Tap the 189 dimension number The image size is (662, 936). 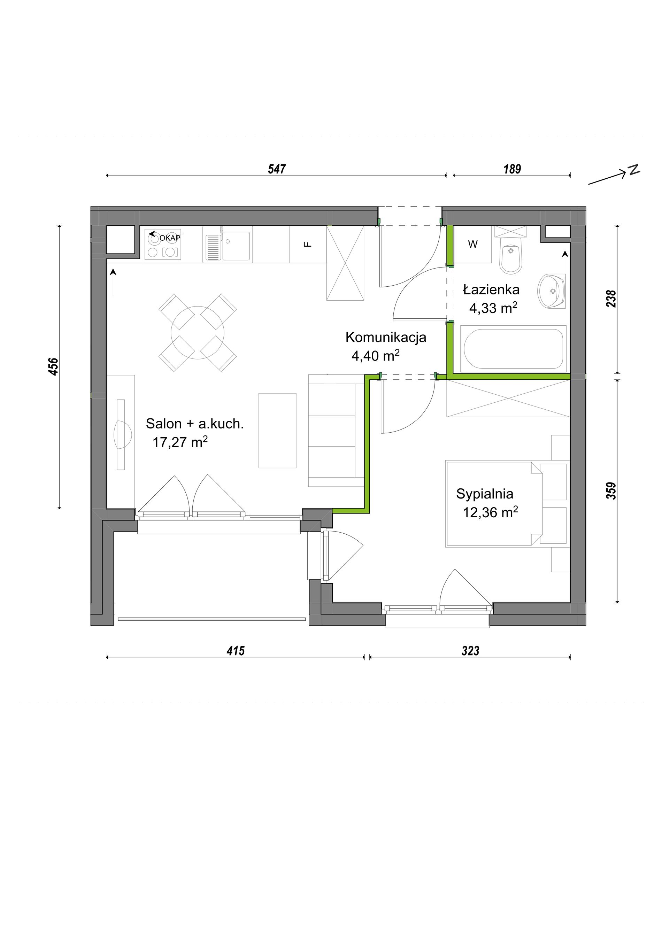pos(512,169)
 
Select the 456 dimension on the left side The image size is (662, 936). pos(54,366)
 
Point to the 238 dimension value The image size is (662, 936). pos(611,299)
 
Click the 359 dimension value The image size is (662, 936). pos(611,491)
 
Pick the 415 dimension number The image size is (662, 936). pos(236,651)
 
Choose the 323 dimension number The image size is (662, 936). pos(470,651)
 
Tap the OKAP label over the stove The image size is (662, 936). pos(170,238)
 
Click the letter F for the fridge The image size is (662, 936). pos(308,245)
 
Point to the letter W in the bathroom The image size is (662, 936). pos(473,244)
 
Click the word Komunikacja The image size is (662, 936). pos(386,338)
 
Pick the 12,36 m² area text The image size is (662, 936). pos(490,512)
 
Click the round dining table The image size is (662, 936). pos(198,332)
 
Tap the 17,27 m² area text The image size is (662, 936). pos(180,442)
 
